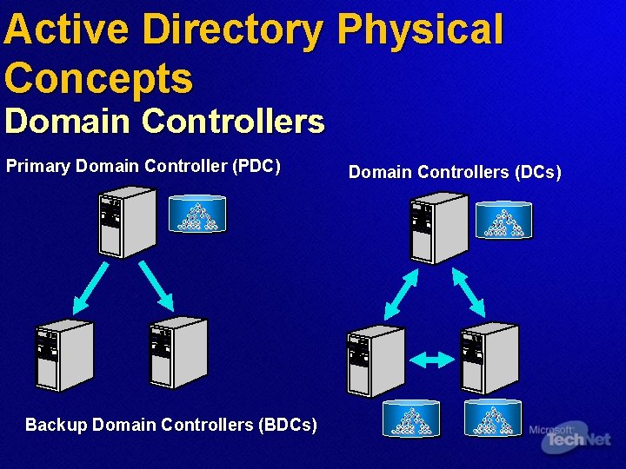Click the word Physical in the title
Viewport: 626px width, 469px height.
pyautogui.click(x=419, y=30)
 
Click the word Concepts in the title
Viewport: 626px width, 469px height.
pyautogui.click(x=98, y=77)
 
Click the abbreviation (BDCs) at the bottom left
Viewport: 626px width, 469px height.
pyautogui.click(x=287, y=425)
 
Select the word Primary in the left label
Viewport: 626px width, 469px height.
pyautogui.click(x=38, y=165)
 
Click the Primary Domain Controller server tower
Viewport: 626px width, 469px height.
pyautogui.click(x=127, y=223)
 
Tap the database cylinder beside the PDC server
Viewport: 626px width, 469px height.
pyautogui.click(x=197, y=214)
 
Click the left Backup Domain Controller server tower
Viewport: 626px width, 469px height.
pyautogui.click(x=63, y=355)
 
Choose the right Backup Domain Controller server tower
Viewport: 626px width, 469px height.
pyautogui.click(x=178, y=352)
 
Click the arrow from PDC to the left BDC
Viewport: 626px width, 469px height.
pyautogui.click(x=91, y=287)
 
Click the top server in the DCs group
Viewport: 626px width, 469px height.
pyautogui.click(x=439, y=228)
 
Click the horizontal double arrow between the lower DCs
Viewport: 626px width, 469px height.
pyautogui.click(x=431, y=359)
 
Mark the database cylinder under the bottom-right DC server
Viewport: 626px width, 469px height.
pyautogui.click(x=493, y=418)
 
